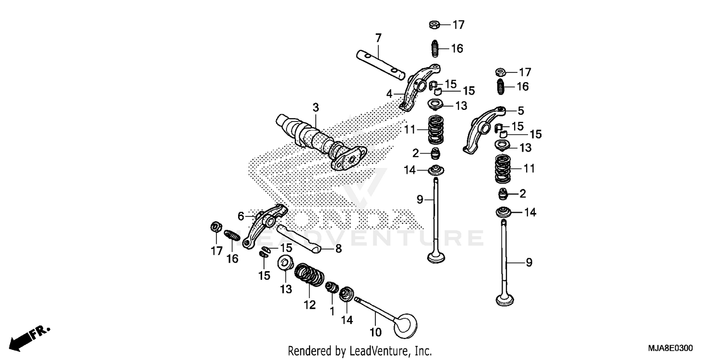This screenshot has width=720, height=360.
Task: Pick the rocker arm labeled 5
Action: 482,129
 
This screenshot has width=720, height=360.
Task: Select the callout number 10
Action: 375,332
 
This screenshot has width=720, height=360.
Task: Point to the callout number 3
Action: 315,108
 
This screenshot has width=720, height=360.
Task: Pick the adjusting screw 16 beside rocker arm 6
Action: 232,236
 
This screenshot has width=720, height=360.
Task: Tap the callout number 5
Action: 521,111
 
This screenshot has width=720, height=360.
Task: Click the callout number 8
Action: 338,250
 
